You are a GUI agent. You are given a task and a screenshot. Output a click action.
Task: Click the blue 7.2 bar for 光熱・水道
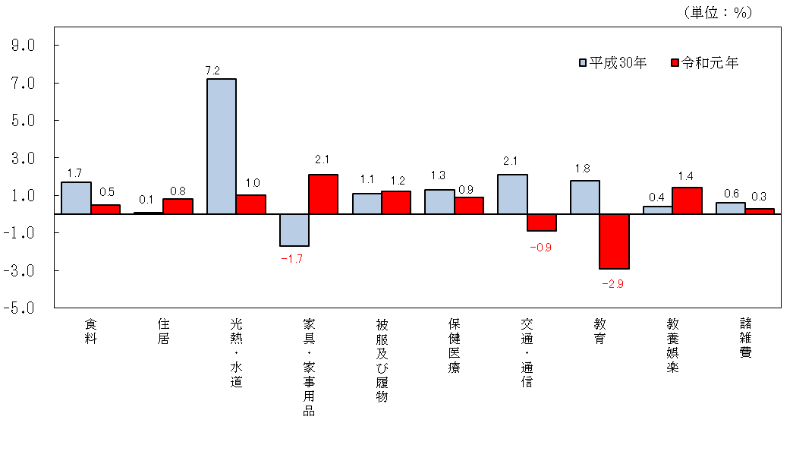221,147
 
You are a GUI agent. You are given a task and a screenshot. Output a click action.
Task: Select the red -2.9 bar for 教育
614,241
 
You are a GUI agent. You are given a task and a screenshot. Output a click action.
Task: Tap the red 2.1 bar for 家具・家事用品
323,194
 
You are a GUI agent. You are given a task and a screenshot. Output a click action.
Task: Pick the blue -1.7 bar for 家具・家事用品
294,230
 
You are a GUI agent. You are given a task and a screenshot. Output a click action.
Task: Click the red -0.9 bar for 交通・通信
541,223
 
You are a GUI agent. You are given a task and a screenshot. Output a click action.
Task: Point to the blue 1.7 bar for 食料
76,198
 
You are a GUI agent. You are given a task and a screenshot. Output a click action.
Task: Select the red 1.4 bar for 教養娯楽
687,200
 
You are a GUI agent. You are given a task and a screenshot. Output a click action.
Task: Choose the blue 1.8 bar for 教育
585,197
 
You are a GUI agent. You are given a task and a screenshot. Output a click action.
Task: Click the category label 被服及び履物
382,361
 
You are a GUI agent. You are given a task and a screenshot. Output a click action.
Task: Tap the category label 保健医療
454,346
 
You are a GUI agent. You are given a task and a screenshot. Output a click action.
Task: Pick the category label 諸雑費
745,339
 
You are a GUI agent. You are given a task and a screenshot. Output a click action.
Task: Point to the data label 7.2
212,71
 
